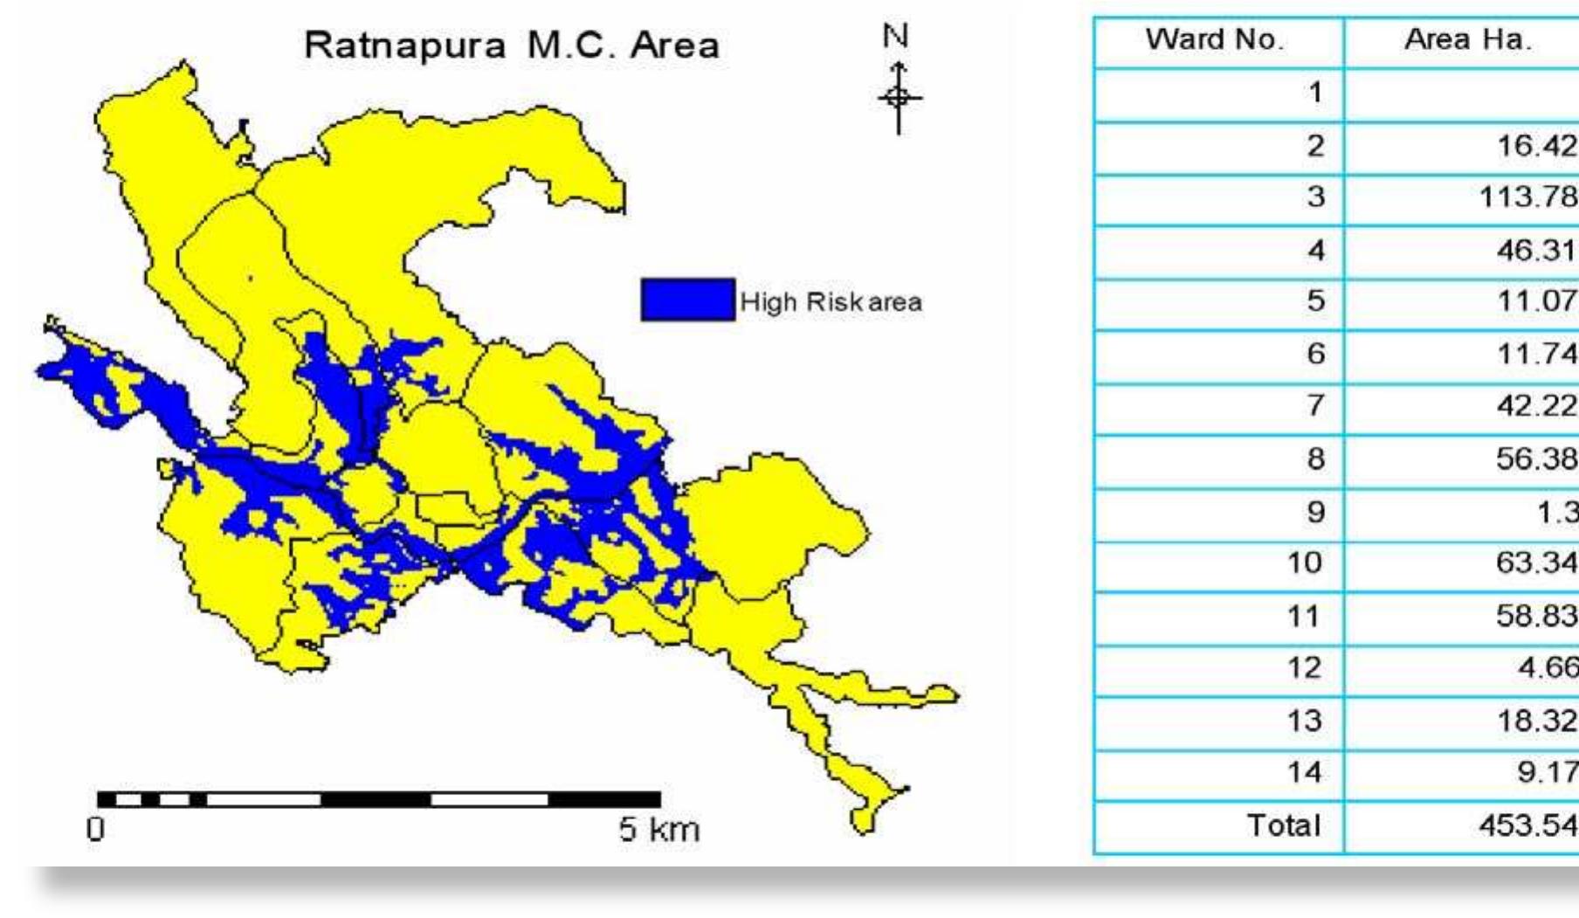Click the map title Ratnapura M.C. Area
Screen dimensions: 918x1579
[x=511, y=45]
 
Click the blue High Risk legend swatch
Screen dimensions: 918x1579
[x=687, y=300]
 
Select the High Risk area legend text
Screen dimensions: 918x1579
[x=831, y=302]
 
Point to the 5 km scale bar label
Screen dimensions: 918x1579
[x=658, y=829]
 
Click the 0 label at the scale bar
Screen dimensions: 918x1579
[x=95, y=829]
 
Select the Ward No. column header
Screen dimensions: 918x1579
[x=1215, y=39]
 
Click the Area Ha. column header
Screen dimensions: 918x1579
[x=1467, y=39]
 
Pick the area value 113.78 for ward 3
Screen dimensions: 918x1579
[x=1527, y=197]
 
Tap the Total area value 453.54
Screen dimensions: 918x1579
[x=1527, y=825]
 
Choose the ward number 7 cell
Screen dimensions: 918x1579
[x=1315, y=406]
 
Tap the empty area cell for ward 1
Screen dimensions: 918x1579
[x=1460, y=93]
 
